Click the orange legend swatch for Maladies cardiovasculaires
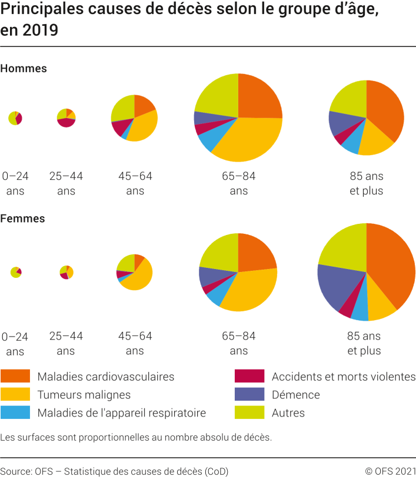pos(15,377)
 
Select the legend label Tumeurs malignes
pos(84,395)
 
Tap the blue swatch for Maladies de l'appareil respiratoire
pos(15,412)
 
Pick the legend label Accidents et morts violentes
pos(344,377)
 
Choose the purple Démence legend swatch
pos(249,395)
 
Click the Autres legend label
pos(288,413)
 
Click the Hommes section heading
pos(24,69)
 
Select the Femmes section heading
pos(22,219)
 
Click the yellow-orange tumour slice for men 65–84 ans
pos(247,141)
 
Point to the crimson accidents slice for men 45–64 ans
pos(120,126)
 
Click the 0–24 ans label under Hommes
pos(15,183)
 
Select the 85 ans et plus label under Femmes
pos(364,344)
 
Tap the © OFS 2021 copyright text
pos(390,471)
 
